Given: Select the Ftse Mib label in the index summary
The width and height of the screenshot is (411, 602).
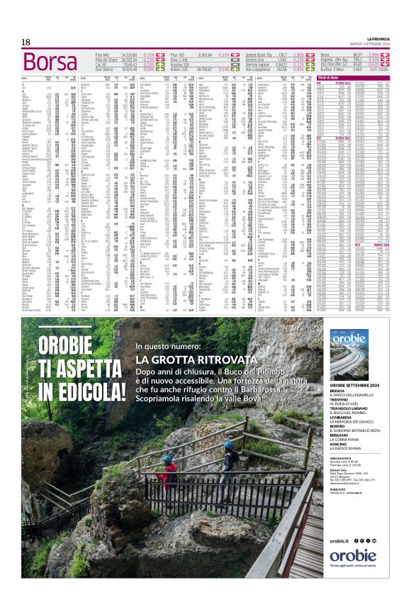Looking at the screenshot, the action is click(x=103, y=54).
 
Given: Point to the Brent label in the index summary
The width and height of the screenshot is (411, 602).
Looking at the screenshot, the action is click(x=326, y=54).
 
